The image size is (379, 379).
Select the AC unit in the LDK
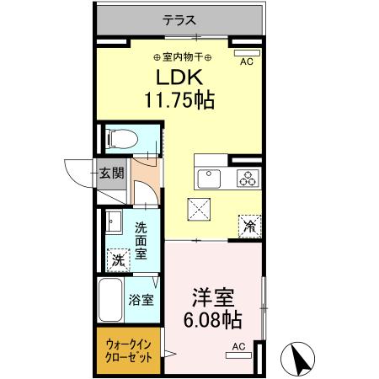click(248, 54)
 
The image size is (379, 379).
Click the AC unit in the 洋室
click(238, 355)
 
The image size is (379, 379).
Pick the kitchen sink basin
click(208, 178)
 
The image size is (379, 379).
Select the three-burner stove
click(248, 178)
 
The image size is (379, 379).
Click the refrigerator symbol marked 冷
click(250, 225)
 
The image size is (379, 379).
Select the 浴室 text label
click(141, 300)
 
